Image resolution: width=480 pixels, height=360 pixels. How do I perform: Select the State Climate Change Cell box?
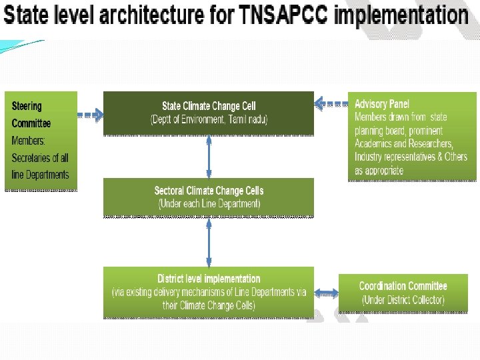(x=208, y=113)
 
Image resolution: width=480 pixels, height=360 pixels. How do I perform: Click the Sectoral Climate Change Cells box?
(x=208, y=197)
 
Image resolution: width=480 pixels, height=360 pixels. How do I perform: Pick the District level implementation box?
(x=208, y=293)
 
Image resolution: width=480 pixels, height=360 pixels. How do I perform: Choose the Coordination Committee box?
(x=403, y=293)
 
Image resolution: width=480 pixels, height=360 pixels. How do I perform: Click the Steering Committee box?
(x=41, y=141)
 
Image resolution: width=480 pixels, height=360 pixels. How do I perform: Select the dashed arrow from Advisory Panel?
(x=331, y=103)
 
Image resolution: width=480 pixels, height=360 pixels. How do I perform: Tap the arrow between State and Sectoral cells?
(x=209, y=157)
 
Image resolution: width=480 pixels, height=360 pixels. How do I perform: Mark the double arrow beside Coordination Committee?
(x=326, y=293)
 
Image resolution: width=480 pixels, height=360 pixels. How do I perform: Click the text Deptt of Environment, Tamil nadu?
(x=209, y=120)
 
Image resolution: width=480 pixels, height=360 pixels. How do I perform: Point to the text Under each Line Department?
(x=209, y=204)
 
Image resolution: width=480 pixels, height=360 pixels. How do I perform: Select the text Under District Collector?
(x=403, y=300)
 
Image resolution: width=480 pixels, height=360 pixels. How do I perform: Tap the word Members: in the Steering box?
(x=29, y=141)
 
